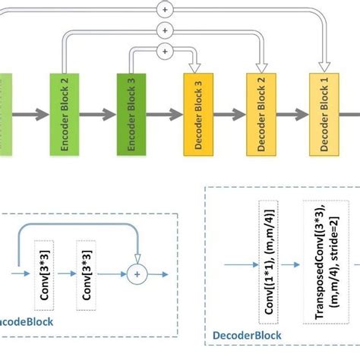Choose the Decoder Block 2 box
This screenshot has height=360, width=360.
click(x=261, y=115)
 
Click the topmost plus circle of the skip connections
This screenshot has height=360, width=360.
click(x=165, y=10)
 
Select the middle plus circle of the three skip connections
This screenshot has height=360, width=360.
click(x=165, y=30)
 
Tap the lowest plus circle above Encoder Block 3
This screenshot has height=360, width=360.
click(x=165, y=51)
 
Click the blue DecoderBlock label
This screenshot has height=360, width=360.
click(x=247, y=335)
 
